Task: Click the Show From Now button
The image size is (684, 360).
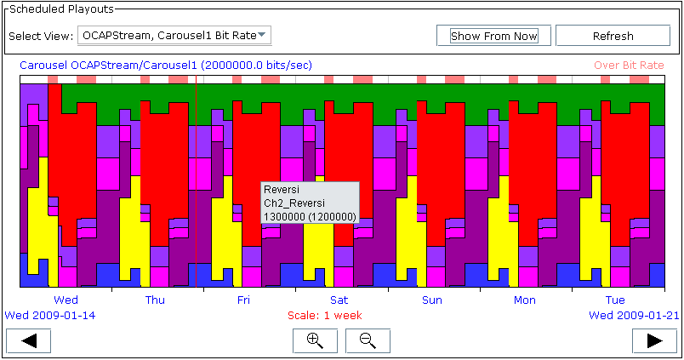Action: [493, 36]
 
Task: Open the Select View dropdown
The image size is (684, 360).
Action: [174, 36]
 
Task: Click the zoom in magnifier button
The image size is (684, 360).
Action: [315, 340]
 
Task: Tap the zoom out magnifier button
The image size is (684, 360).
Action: [368, 340]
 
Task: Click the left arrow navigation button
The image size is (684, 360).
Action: [28, 340]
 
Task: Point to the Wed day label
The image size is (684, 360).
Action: [66, 300]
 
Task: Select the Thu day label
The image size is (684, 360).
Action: [156, 300]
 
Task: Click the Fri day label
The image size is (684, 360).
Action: [243, 300]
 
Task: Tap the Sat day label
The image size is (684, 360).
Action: [339, 300]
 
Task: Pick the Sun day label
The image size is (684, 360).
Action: [432, 300]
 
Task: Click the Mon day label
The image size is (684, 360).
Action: [524, 300]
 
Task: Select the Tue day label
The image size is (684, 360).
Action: [615, 300]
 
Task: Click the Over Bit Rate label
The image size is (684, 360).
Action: [629, 66]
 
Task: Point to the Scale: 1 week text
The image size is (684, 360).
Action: [324, 316]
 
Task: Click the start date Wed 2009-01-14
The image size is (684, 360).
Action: [49, 316]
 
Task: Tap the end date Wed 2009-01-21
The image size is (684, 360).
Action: [634, 316]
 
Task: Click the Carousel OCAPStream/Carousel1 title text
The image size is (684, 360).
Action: [166, 66]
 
